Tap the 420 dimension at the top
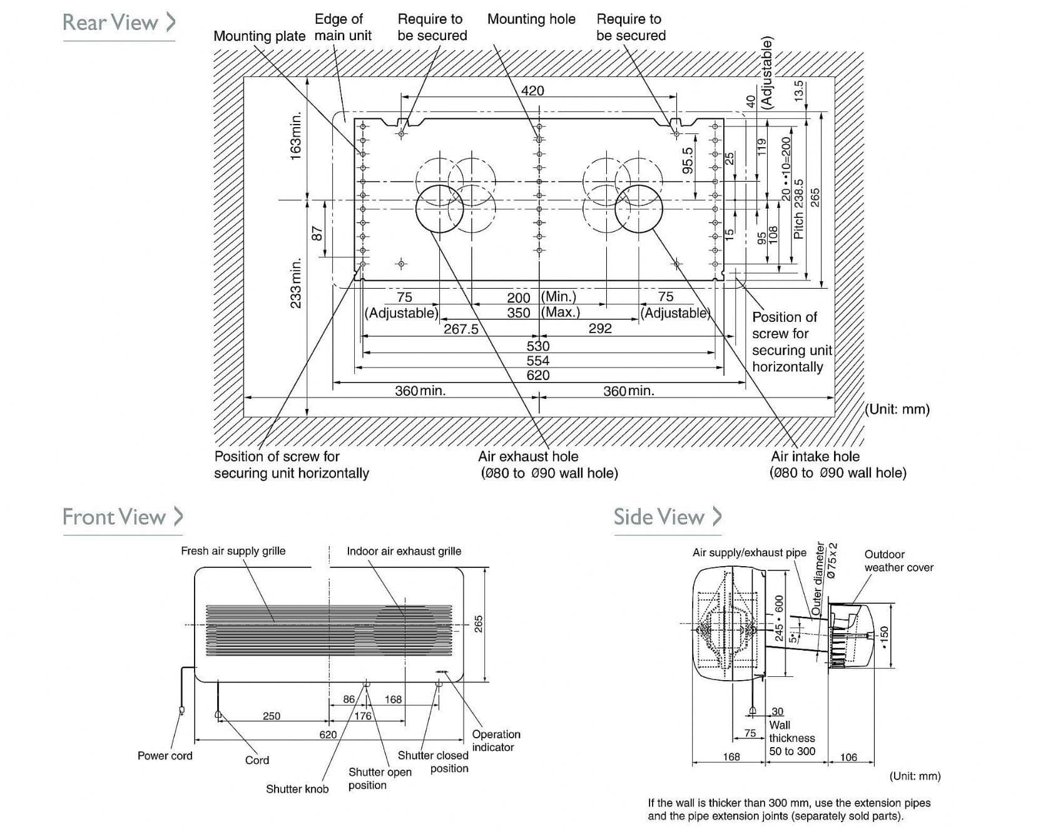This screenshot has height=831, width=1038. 532,91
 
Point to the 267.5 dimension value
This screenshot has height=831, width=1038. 461,329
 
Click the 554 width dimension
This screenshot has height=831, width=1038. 537,361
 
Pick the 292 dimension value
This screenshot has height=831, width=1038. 600,328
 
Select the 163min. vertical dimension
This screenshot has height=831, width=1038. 296,135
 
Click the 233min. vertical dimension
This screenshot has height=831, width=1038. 296,282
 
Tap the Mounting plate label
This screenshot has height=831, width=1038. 259,36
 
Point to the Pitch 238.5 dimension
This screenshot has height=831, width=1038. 798,209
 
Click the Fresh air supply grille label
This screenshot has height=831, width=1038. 233,551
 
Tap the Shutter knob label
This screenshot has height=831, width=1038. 297,789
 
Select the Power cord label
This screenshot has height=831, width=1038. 165,756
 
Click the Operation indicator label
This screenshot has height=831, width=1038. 496,740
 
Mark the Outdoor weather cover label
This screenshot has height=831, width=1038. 898,561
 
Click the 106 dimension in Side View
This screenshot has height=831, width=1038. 848,758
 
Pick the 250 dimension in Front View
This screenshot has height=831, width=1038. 272,716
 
